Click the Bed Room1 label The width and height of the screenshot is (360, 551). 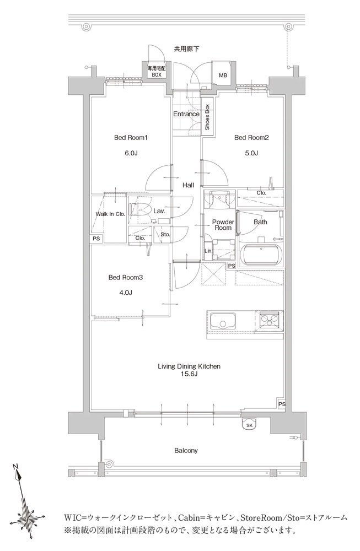pos(131,138)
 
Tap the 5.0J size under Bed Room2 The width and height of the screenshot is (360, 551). pos(251,153)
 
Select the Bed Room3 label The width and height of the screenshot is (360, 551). pos(126,278)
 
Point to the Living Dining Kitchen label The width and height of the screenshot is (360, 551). pos(189,366)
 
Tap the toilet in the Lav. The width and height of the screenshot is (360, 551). pos(139,210)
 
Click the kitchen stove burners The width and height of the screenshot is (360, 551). pos(270,320)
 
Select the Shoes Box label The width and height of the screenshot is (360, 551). pos(207,117)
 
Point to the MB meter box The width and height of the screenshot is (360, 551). pos(223,75)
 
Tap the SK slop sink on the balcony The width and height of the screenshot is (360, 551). pos(250,424)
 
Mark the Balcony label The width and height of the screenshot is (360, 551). pos(186,451)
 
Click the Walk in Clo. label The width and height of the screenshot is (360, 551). pos(110,214)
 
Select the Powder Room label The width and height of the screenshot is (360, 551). pos(223,225)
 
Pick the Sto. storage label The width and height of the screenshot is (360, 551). pos(165,234)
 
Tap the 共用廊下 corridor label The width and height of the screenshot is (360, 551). pos(186,49)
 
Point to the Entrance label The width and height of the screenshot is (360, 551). pos(186,114)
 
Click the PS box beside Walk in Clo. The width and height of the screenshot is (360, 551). pos(96,239)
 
